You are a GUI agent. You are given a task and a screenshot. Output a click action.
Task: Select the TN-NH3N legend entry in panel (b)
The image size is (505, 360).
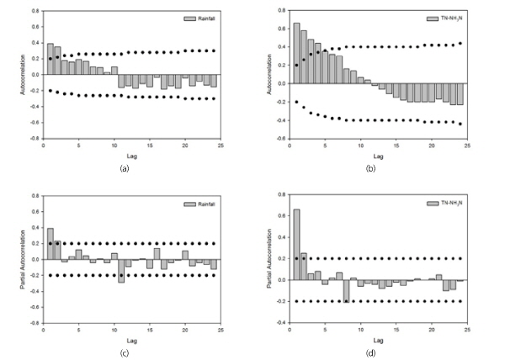tap(447, 17)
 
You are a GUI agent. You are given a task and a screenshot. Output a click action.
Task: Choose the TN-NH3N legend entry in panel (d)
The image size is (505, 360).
tap(447, 203)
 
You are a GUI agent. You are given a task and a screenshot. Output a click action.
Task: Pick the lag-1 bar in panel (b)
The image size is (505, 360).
tap(296, 49)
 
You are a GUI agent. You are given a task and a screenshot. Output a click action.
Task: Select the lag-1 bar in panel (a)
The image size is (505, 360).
tap(50, 59)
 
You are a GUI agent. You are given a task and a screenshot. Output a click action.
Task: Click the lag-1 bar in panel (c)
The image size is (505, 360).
tap(50, 244)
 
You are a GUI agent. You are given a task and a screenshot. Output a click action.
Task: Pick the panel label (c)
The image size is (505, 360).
tap(125, 352)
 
